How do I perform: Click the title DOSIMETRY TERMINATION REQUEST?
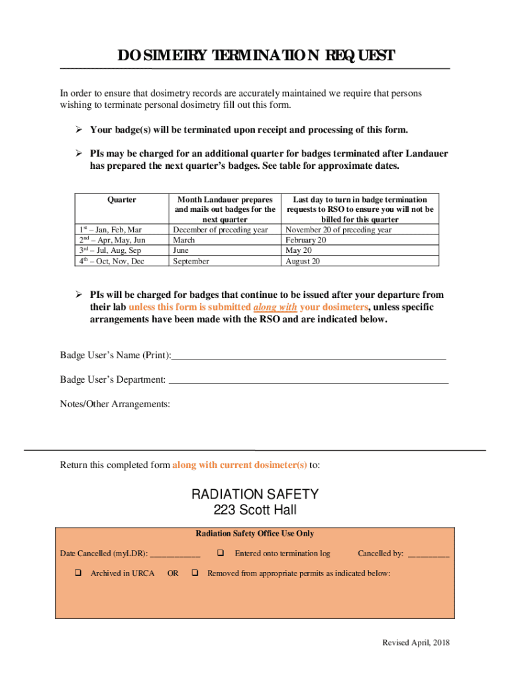(x=256, y=56)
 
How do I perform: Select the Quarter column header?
(x=122, y=199)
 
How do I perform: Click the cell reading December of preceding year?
(x=220, y=230)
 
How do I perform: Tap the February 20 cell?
(x=305, y=240)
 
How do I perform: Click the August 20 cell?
(x=303, y=262)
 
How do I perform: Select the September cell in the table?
(x=191, y=262)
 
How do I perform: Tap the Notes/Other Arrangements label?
(x=115, y=404)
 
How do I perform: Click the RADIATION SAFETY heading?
(x=255, y=495)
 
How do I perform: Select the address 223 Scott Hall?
(x=255, y=510)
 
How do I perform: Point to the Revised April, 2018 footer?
(x=415, y=643)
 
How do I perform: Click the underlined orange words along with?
(x=275, y=307)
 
